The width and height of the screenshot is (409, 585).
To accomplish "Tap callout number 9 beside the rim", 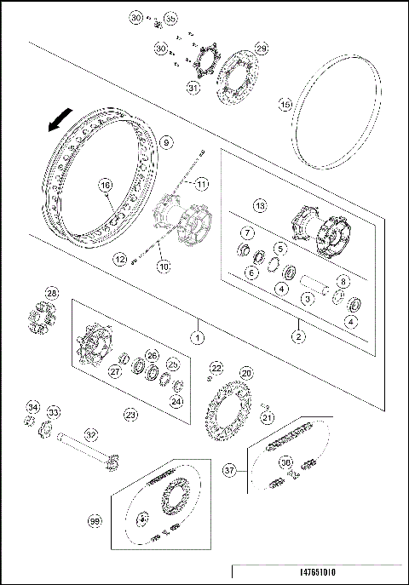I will coord(165,142).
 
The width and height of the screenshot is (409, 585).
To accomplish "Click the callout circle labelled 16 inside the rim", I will coord(105,185).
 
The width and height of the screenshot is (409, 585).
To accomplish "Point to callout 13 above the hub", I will coord(261,205).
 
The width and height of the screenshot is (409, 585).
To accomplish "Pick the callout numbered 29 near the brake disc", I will coord(262,49).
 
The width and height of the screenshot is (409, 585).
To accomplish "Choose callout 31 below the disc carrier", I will coord(193,88).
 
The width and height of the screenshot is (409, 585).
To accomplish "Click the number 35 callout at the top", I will coord(170,19).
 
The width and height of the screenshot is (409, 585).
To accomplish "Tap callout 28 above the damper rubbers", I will coord(52,295).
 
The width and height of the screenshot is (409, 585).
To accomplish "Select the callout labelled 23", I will coord(130,415).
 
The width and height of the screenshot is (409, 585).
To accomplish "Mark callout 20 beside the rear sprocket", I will coord(246,373).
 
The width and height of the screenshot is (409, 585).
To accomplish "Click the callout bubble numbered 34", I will coord(32,405).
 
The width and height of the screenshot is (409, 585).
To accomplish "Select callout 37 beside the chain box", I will coord(229,469).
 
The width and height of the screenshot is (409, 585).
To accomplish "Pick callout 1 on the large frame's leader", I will coord(198,337).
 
